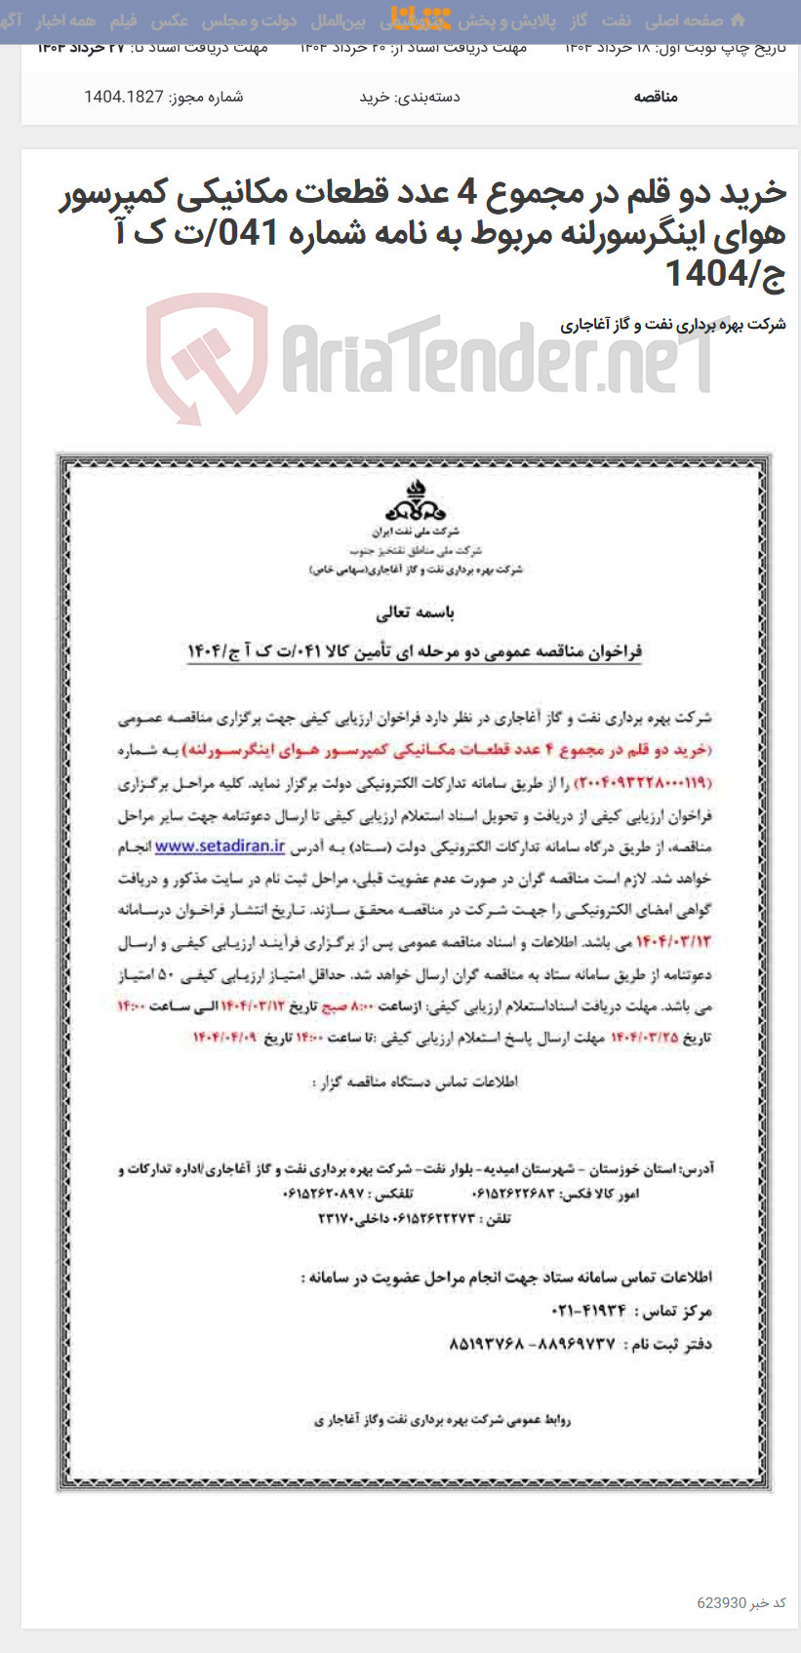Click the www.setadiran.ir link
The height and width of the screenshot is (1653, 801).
coord(220,846)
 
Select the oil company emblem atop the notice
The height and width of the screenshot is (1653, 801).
coord(416,502)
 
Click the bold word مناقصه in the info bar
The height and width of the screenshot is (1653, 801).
coord(656,97)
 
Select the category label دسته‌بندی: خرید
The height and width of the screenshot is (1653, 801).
coord(410,97)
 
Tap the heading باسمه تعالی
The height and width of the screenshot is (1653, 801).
coord(416,613)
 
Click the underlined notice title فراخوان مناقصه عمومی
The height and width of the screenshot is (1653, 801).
coord(416,651)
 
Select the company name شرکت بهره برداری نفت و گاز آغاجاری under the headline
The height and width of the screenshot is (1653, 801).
coord(673,324)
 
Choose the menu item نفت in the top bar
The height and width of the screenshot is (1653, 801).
coord(616,20)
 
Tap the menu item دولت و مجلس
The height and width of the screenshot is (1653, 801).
coord(250,20)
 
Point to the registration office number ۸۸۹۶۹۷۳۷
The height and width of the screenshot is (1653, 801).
coord(572,1344)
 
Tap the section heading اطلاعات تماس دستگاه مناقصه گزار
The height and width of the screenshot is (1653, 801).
coord(416,1082)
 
